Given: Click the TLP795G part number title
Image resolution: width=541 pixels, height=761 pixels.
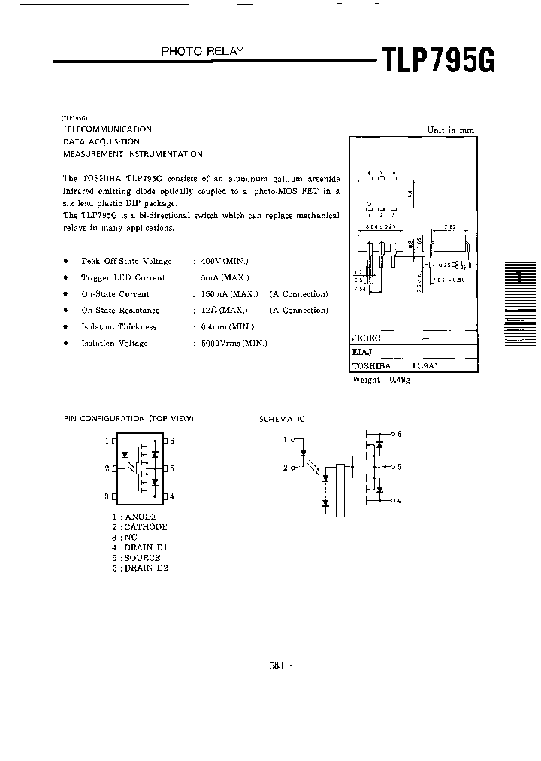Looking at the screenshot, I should tap(438, 59).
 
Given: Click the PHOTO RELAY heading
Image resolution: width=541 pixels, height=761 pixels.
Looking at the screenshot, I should tap(202, 52).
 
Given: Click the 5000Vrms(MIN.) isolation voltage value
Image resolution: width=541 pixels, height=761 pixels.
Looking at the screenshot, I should tap(233, 343).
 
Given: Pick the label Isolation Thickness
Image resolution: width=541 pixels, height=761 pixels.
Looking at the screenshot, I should tap(119, 327).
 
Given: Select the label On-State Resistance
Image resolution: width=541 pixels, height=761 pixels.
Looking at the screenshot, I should tap(120, 311).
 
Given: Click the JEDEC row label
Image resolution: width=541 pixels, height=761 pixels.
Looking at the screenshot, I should tap(367, 338).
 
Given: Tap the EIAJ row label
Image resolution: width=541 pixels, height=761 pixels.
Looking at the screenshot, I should tap(362, 351).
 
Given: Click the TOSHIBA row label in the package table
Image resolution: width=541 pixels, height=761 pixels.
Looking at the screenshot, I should tap(371, 365).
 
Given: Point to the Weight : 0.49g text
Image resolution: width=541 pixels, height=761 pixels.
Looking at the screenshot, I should tap(381, 380).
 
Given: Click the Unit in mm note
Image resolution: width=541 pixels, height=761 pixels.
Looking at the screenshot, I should tap(450, 130).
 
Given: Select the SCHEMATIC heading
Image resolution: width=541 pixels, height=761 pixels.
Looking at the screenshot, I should tap(282, 418).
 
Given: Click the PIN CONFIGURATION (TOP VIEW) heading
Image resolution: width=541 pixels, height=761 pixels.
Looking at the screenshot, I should tap(128, 418).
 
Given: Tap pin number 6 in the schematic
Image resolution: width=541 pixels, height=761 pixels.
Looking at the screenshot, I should tap(399, 434).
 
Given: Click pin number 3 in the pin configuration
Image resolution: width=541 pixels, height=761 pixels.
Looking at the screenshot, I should tap(107, 496).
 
